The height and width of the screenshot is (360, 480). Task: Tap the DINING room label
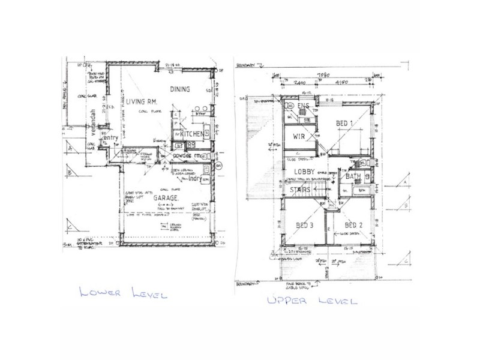[180, 89]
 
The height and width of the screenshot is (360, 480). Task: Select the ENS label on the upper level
[304, 106]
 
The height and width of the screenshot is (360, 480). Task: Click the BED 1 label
[344, 124]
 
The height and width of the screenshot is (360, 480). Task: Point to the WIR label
[300, 137]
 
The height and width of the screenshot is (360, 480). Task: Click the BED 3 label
[305, 226]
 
